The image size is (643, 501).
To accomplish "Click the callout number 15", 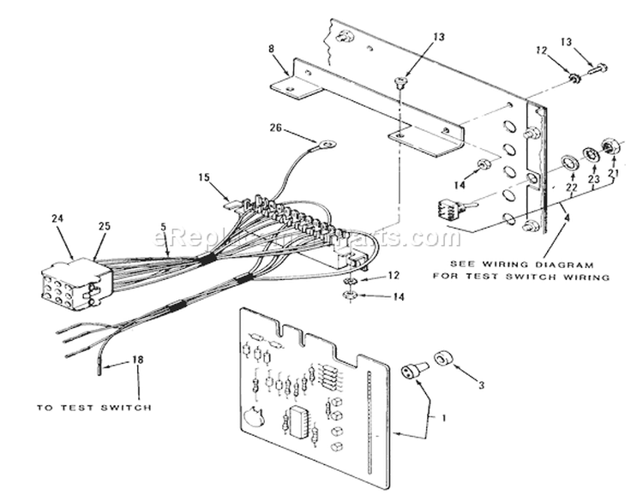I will (x=202, y=178).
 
